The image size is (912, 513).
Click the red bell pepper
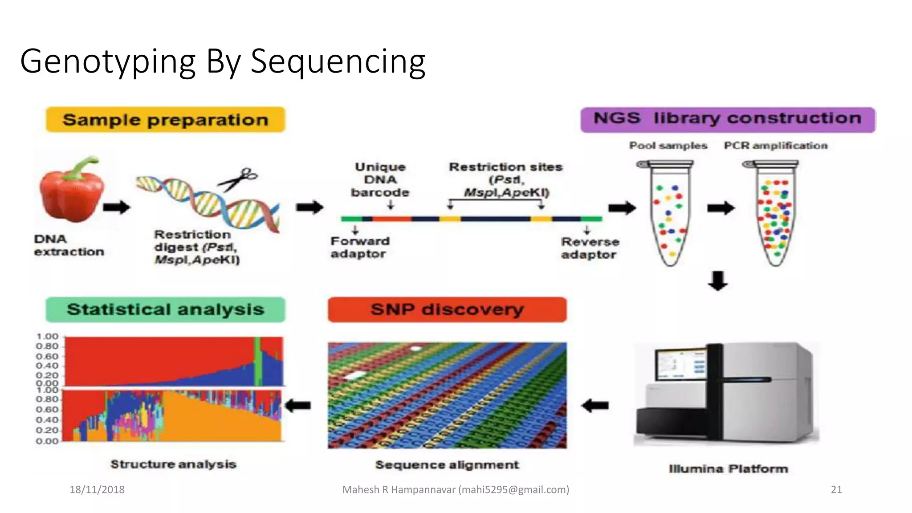pos(71,191)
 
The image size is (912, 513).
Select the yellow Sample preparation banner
pos(165,120)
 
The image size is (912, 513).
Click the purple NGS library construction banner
pos(728,119)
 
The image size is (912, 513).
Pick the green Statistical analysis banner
pos(165,309)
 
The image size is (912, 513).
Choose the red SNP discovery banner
pos(447,309)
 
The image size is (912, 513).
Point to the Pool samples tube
pos(669,214)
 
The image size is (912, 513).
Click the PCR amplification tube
pos(775,214)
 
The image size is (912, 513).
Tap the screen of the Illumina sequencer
pos(681,364)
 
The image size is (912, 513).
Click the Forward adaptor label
pos(359,247)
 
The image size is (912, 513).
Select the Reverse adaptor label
pos(590,248)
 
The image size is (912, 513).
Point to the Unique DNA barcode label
pos(380,179)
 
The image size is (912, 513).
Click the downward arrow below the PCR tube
pos(718,281)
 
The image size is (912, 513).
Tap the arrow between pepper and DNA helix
pos(116,207)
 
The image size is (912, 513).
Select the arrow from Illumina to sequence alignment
pos(595,405)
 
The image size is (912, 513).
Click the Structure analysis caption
pos(173,464)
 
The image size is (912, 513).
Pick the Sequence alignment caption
pos(447,464)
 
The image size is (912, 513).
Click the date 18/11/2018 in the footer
pos(97,489)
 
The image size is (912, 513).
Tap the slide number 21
pos(836,489)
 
